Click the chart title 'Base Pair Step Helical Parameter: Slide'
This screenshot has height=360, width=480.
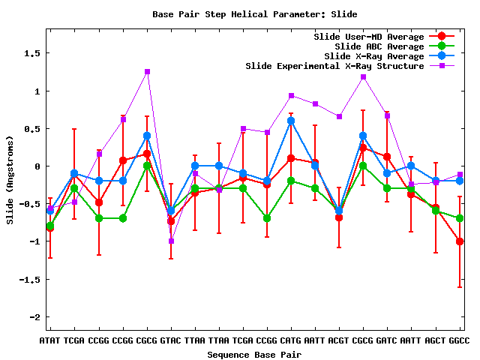255,14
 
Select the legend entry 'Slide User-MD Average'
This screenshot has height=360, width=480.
369,37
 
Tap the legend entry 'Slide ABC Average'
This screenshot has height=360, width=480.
379,46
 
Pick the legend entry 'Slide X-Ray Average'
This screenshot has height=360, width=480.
374,56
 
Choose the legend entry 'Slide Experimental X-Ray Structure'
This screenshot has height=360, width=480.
334,66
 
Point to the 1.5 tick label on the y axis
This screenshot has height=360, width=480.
32,53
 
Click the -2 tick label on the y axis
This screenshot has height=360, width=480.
35,317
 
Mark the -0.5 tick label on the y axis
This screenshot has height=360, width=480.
30,204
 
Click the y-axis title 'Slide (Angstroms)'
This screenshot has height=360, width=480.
10,180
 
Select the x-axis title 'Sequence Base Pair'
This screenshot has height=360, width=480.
254,355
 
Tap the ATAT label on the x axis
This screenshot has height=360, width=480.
50,340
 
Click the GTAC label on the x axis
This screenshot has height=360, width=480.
171,340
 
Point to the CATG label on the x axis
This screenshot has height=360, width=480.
291,340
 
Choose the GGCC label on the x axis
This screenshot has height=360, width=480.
459,340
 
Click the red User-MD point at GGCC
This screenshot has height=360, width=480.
460,241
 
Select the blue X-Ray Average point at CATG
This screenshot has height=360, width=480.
291,121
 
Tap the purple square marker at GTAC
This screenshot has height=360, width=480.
171,241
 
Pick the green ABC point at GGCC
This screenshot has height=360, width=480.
460,218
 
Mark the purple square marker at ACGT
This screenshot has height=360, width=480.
339,117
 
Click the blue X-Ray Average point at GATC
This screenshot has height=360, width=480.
387,173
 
